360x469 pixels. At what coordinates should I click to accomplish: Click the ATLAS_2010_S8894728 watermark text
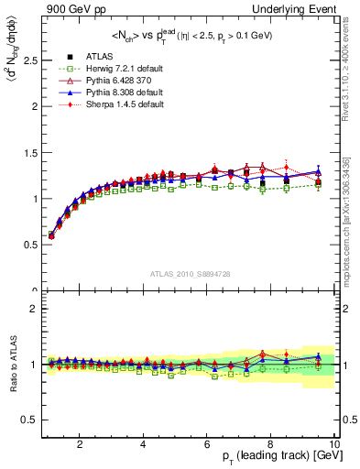click(x=190, y=275)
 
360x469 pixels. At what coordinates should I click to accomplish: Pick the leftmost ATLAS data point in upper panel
click(x=51, y=234)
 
